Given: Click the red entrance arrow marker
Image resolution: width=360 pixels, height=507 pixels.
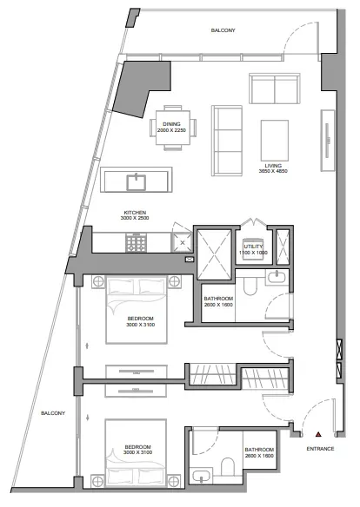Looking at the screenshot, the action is pos(318,434).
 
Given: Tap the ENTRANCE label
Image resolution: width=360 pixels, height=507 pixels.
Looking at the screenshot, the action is pos(320,449).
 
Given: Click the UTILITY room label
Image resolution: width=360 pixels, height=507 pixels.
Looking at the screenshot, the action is pos(253,247).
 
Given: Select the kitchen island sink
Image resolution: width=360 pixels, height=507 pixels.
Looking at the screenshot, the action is pos(137,182).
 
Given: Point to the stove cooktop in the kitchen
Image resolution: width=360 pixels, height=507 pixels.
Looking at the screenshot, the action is pos(137,242).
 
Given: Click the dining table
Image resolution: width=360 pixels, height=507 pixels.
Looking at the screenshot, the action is pos(173,128).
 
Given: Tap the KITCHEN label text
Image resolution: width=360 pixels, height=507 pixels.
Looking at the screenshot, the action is pos(135,213).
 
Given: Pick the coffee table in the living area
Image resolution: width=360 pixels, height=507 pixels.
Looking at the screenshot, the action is pos(275,140).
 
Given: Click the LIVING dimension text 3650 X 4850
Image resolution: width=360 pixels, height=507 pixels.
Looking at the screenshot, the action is pos(273,171).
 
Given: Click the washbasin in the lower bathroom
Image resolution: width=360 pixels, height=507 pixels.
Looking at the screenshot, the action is pos(201,476).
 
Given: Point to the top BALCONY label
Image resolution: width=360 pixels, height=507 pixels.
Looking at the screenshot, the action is pos(223,30).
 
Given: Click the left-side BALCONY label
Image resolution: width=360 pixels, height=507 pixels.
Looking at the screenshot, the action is pos(53,413).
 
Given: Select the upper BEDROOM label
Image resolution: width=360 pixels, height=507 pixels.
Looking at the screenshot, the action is pos(140,319).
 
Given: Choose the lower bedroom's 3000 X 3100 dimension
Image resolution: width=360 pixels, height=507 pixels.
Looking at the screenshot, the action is pos(138,452).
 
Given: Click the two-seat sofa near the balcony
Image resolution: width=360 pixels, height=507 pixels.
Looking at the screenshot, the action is pos(275,89).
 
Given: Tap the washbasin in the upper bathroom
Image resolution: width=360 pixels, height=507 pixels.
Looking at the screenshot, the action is pos(277,278).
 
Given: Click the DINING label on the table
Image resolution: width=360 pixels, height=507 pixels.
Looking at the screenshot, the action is pos(171,124).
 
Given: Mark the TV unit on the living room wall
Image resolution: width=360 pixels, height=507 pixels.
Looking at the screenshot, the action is pos(328,140).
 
